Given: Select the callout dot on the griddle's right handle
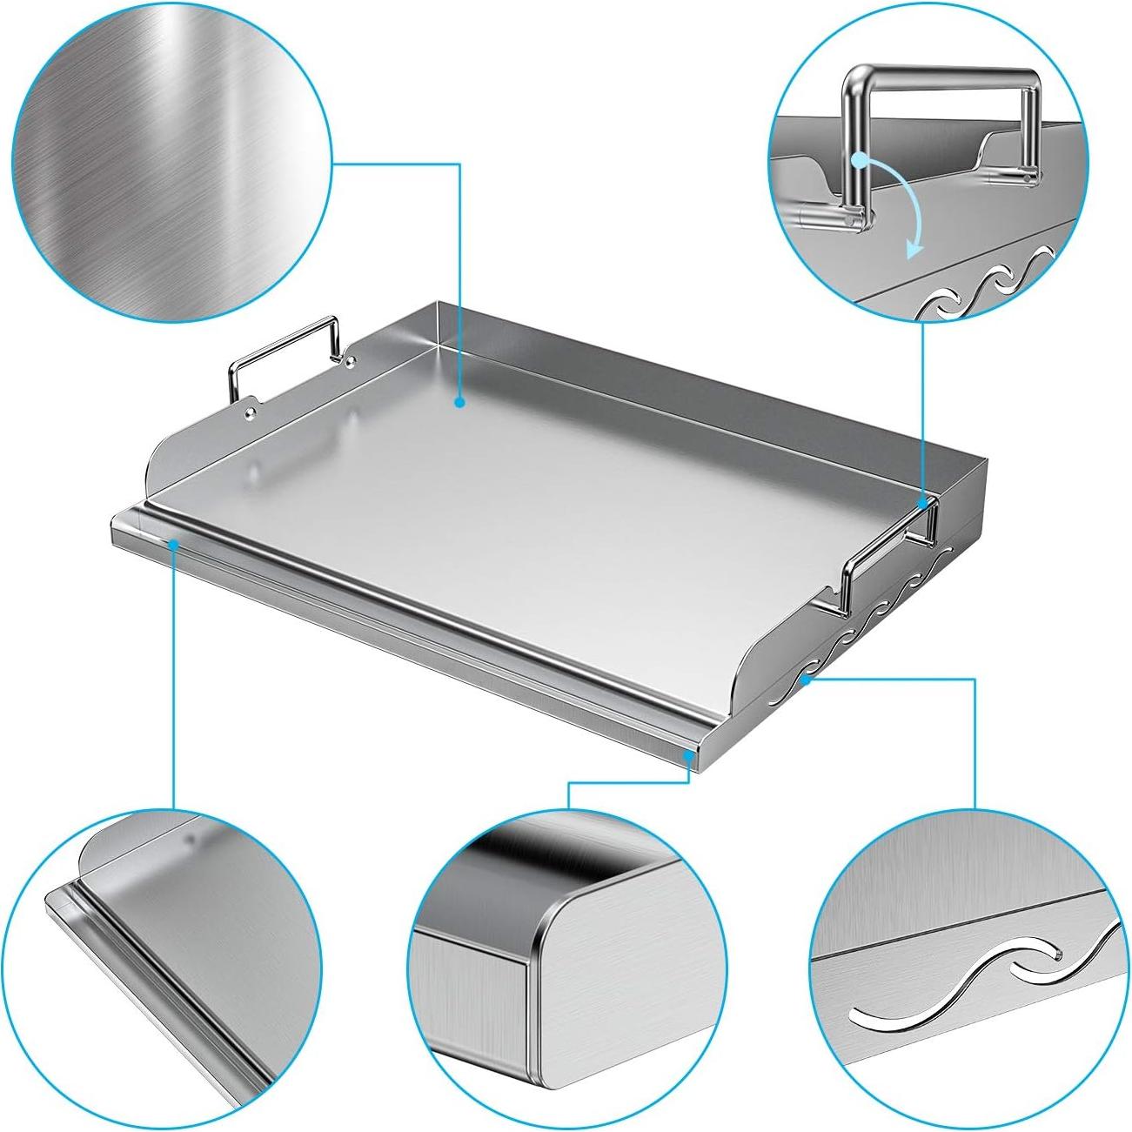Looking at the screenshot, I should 922,503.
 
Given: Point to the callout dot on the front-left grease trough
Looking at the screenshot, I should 174,544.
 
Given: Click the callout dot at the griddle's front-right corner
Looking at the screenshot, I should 689,756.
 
